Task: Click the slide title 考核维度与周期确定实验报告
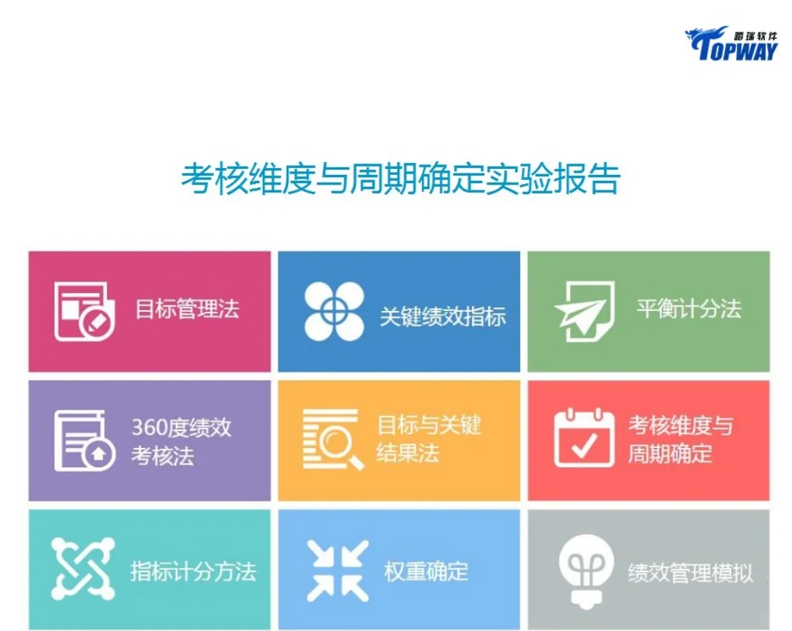pos(400,179)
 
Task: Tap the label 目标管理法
pos(187,309)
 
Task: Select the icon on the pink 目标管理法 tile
pos(84,311)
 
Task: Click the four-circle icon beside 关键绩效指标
pos(334,312)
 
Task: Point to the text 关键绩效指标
pos(443,316)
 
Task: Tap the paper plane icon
pos(584,312)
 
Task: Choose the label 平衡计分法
pos(689,309)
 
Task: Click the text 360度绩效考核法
pos(181,441)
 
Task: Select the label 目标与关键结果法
pos(429,439)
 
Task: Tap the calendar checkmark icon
pos(584,438)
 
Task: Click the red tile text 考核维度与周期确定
pos(680,439)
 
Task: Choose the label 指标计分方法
pos(193,571)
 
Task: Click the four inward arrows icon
pos(337,571)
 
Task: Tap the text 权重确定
pos(427,571)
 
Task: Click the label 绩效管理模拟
pos(690,573)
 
